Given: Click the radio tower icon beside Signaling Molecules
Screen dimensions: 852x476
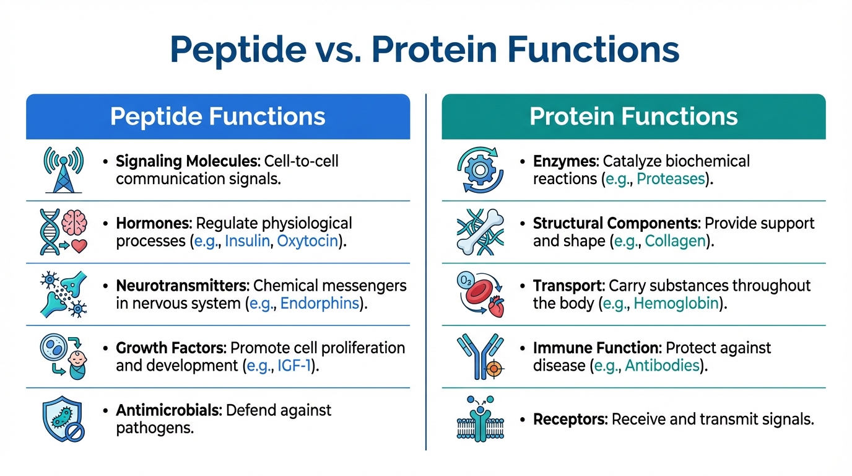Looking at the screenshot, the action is [x=64, y=170].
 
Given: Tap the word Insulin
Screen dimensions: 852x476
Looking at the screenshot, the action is [x=247, y=241].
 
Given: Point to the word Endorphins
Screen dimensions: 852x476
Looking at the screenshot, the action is [x=319, y=304].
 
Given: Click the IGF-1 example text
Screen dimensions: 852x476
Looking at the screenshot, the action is [x=294, y=366].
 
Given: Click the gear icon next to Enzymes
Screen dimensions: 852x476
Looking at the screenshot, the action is [x=480, y=170].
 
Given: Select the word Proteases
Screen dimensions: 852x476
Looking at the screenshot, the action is [x=671, y=179].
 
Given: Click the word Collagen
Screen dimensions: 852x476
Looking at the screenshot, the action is [x=675, y=241].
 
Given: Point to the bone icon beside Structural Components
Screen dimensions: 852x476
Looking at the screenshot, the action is [x=480, y=232].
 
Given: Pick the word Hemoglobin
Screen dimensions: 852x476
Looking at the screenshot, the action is [x=676, y=304].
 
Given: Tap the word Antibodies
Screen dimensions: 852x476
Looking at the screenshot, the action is [x=662, y=366].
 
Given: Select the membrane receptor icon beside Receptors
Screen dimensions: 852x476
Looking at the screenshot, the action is [x=480, y=419].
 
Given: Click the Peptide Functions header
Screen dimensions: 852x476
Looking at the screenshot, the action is [x=218, y=116].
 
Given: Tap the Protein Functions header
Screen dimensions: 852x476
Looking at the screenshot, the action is [x=633, y=116].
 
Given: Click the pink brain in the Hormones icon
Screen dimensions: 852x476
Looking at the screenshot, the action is [x=74, y=223].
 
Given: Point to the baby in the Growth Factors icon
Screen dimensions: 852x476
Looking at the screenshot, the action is [x=77, y=365].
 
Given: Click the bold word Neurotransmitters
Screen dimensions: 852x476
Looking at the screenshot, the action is [x=182, y=286].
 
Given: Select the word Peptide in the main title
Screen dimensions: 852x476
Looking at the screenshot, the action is [x=238, y=50].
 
